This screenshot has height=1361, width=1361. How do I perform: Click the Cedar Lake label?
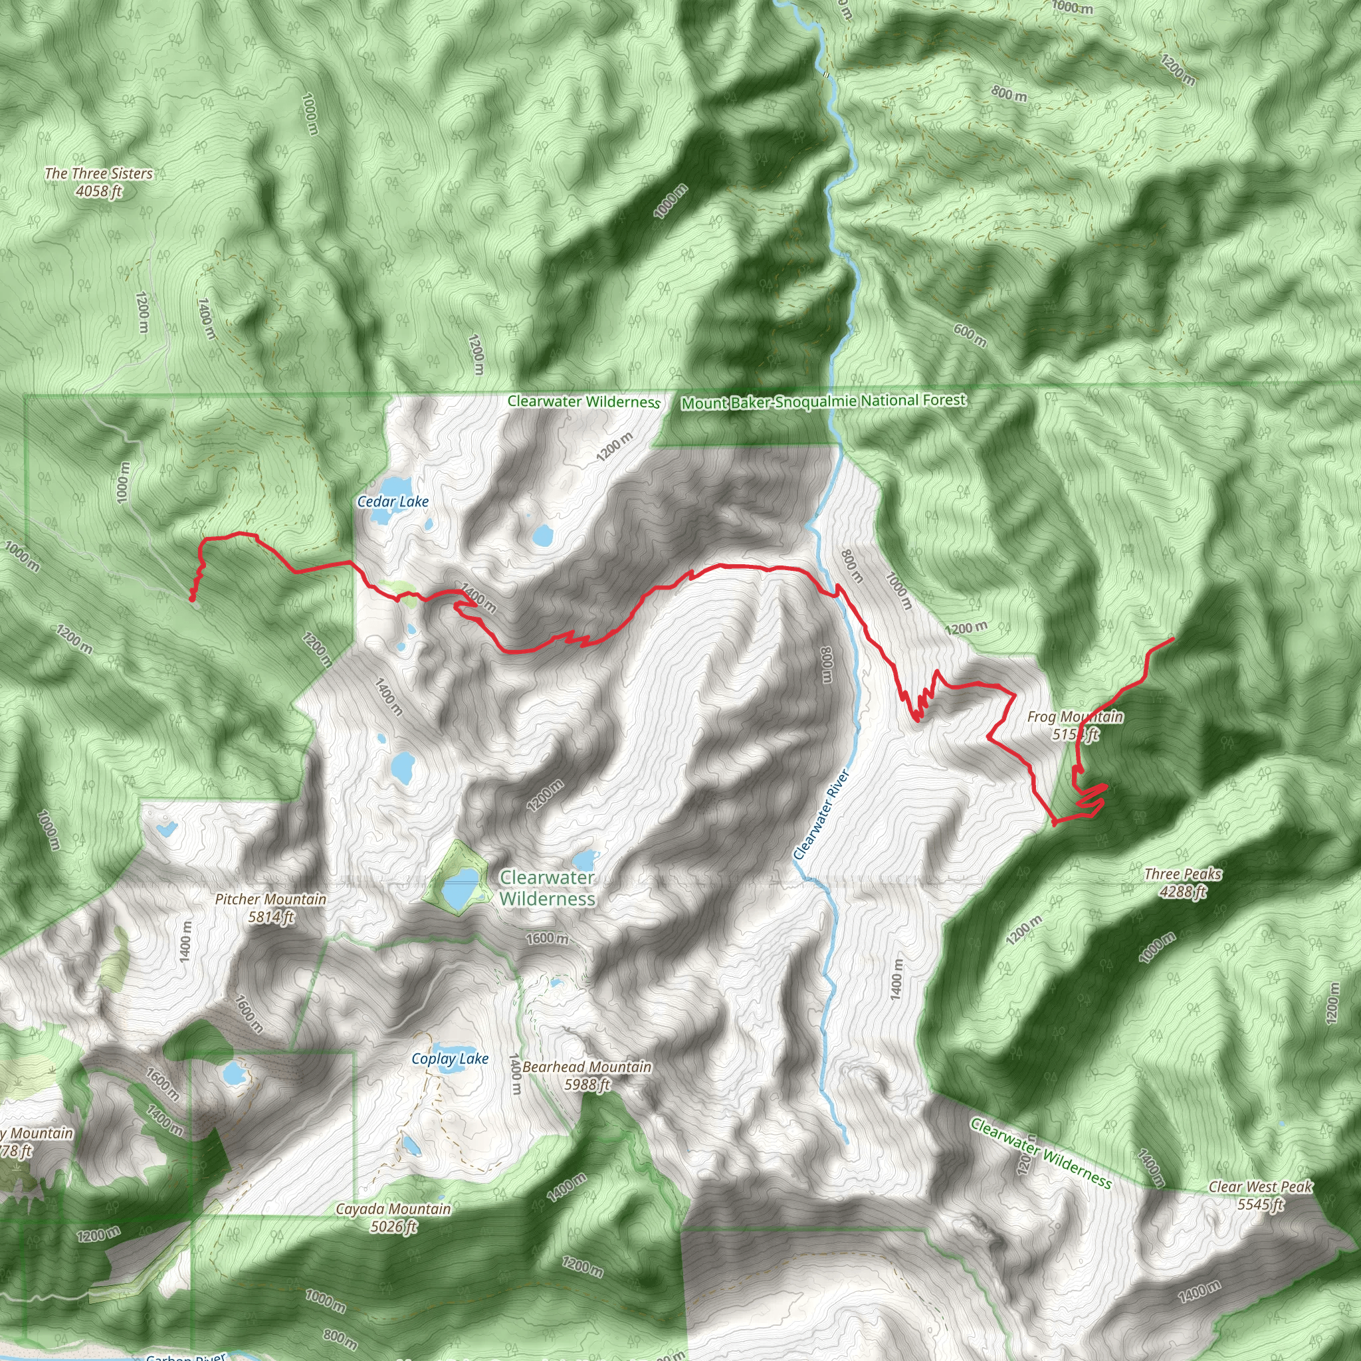click(x=392, y=502)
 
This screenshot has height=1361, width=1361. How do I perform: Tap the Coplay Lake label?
click(x=449, y=1059)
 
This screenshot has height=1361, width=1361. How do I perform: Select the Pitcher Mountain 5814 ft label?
click(x=270, y=908)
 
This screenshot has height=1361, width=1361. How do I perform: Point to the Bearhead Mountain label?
click(x=587, y=1076)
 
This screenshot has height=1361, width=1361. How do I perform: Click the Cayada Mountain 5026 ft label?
click(x=393, y=1217)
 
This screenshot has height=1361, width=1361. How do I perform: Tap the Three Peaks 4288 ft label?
click(x=1183, y=883)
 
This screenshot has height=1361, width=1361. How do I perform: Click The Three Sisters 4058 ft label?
click(x=98, y=181)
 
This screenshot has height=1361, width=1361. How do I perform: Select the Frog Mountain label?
click(x=1075, y=726)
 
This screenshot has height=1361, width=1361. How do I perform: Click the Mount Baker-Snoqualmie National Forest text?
click(x=823, y=401)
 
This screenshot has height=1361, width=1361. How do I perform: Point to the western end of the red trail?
click(x=191, y=599)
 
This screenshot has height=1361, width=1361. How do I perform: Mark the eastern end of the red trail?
click(x=1173, y=638)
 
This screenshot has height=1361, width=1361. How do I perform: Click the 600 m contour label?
click(x=970, y=336)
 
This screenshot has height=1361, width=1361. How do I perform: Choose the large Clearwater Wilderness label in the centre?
click(x=548, y=889)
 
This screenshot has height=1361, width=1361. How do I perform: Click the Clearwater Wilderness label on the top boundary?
click(x=584, y=401)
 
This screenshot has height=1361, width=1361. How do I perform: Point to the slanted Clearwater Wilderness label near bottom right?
click(x=1041, y=1153)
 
